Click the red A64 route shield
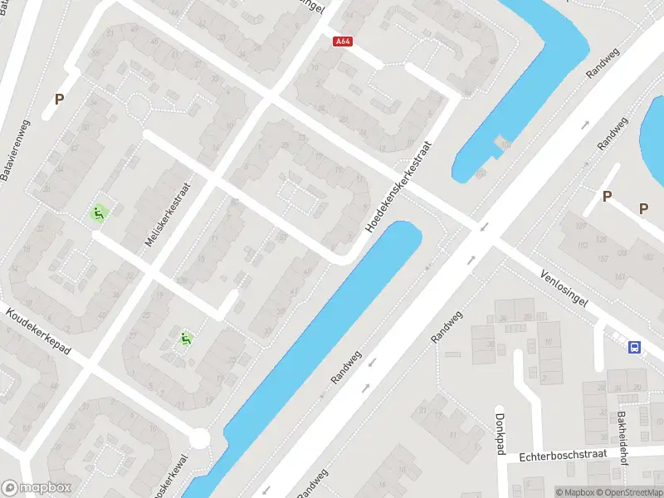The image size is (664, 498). tap(342, 40)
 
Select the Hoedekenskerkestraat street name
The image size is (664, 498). tap(401, 185)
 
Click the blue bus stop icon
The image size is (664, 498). tap(635, 347)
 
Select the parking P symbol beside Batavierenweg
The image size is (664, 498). tap(59, 99)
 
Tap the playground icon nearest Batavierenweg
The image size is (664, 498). tap(99, 213)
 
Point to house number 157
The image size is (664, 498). tap(600, 258)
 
